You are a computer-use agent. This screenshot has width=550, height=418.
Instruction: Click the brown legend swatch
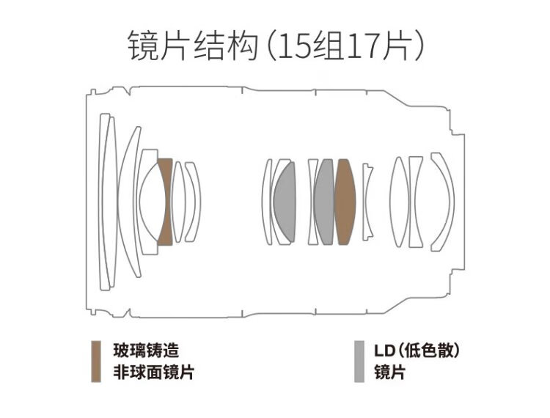[x=96, y=362]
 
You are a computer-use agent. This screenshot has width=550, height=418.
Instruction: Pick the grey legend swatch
[x=359, y=362]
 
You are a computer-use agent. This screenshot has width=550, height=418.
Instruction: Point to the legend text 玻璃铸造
[x=146, y=351]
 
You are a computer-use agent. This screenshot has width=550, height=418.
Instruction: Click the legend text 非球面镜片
[x=154, y=372]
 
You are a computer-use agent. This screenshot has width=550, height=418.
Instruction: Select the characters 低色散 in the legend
[x=429, y=351]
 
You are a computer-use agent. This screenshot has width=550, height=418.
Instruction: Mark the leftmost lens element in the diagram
[x=105, y=202]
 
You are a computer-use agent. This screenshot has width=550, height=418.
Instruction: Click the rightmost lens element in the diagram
[x=443, y=202]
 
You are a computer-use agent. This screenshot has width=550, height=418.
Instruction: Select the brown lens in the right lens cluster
[x=345, y=202]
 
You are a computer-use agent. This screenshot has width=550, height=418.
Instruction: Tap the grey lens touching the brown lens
[x=324, y=202]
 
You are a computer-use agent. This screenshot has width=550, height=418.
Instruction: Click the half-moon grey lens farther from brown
[x=285, y=202]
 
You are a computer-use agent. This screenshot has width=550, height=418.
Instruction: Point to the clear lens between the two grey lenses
[x=312, y=202]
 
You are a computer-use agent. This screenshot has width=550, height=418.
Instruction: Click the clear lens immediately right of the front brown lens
[x=178, y=202]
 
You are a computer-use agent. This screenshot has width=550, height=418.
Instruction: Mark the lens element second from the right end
[x=416, y=202]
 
